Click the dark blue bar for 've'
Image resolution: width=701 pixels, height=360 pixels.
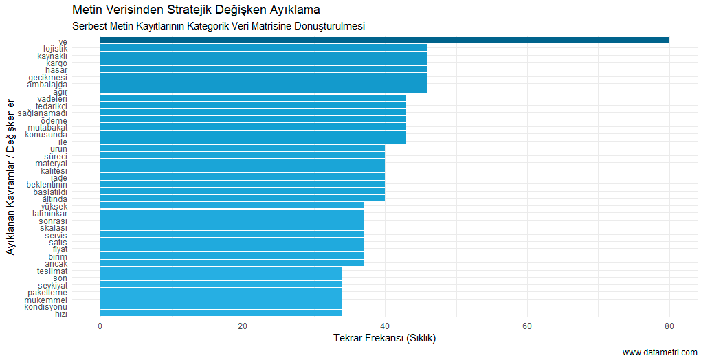click(385, 41)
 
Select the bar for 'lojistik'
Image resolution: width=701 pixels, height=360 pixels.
click(264, 48)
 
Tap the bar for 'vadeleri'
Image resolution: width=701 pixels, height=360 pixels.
click(253, 98)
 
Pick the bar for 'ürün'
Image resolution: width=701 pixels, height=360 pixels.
click(243, 148)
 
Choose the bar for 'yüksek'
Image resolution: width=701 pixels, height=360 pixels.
click(232, 206)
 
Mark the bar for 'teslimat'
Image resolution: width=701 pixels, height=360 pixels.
click(221, 271)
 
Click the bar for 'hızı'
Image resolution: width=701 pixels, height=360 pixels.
click(221, 313)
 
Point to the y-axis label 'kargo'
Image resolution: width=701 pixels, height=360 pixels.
click(56, 63)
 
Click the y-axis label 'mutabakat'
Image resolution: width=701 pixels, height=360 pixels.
click(47, 127)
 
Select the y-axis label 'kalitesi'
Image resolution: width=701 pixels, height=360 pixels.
click(54, 170)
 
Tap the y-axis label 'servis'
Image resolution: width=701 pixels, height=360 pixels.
click(56, 235)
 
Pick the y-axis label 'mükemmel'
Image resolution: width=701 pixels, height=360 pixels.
click(45, 300)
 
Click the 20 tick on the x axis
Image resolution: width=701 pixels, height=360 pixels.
click(243, 326)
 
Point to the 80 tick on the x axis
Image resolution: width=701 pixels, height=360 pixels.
click(669, 326)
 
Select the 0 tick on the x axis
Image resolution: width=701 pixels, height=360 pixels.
click(100, 326)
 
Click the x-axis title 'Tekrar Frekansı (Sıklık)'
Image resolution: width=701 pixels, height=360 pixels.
click(384, 339)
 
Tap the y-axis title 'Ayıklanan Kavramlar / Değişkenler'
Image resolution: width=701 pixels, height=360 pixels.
click(11, 177)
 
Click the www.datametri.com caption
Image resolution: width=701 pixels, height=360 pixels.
click(660, 352)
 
